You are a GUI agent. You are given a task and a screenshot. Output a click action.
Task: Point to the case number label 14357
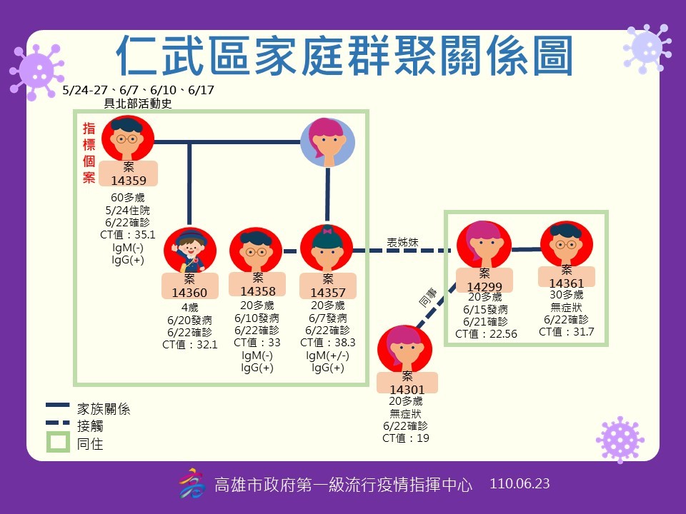327,292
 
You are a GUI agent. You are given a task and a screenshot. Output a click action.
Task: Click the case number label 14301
407,389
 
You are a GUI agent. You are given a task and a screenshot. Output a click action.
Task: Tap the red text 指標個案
89,153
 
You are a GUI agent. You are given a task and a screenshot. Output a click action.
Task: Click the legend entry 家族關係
104,409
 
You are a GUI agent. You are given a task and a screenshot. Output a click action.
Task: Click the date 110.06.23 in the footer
520,483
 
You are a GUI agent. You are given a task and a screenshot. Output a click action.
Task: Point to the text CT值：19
405,438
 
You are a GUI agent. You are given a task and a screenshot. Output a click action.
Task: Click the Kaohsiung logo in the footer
190,483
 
